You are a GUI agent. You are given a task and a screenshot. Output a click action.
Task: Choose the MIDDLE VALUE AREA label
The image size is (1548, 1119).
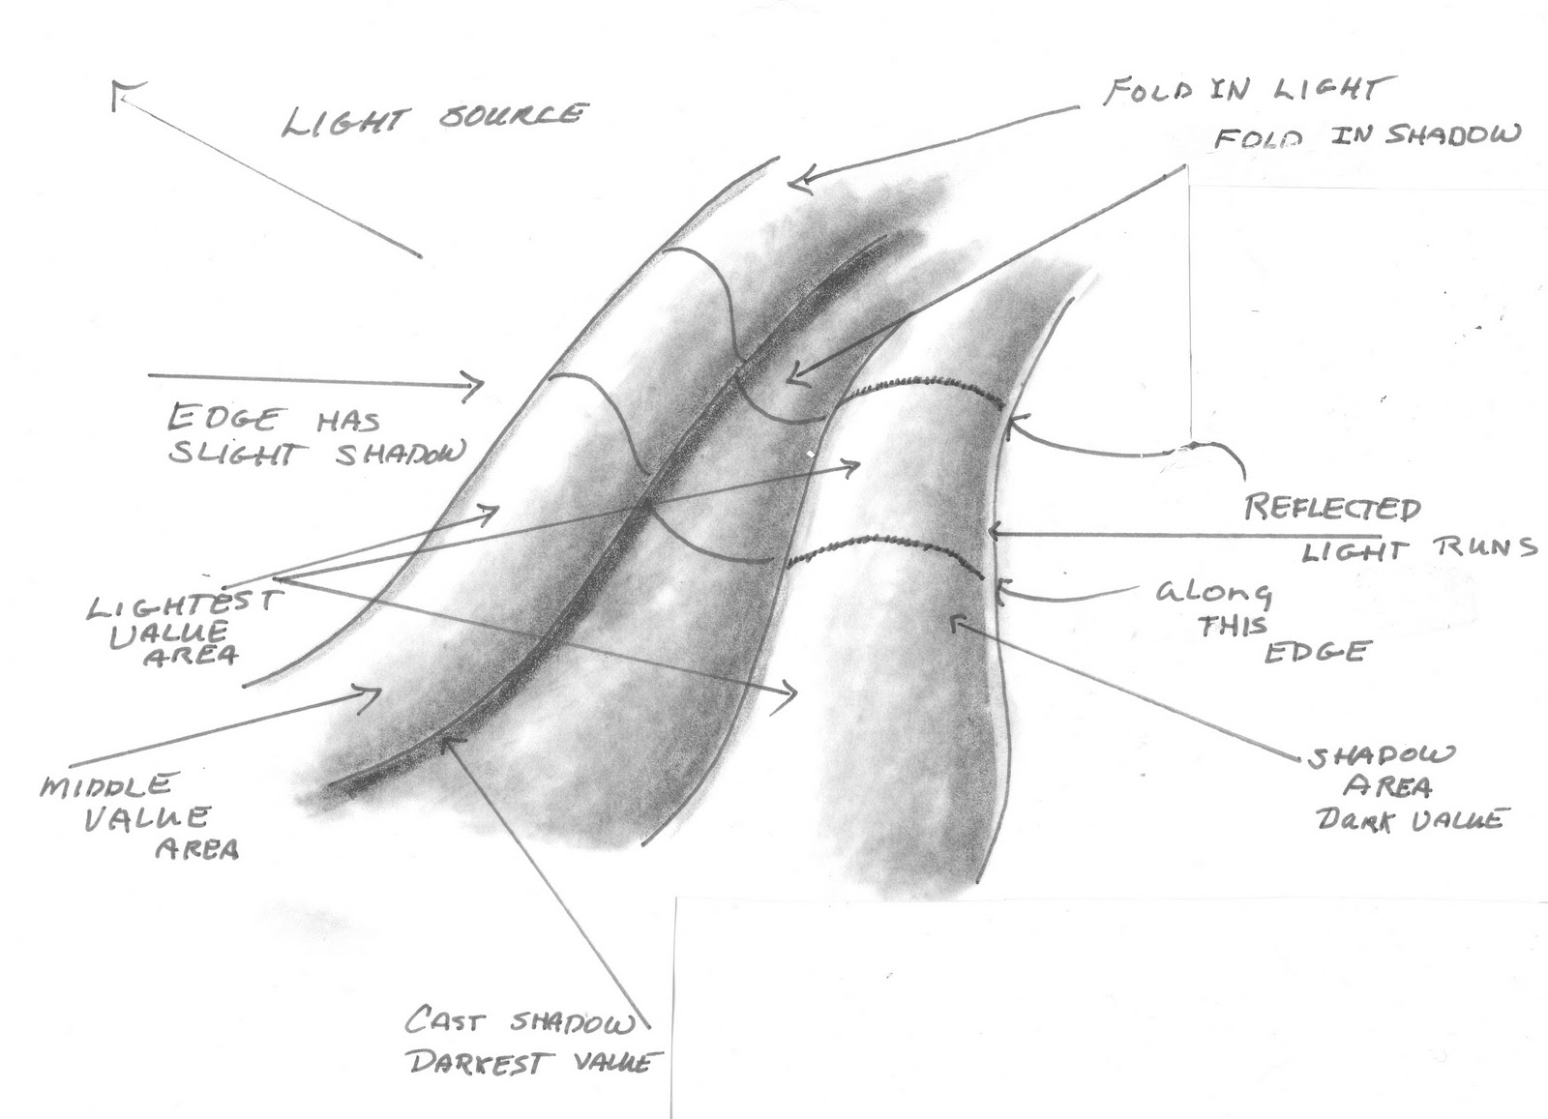139,815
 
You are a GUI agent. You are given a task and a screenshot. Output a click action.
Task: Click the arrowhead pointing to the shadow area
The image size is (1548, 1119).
956,624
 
